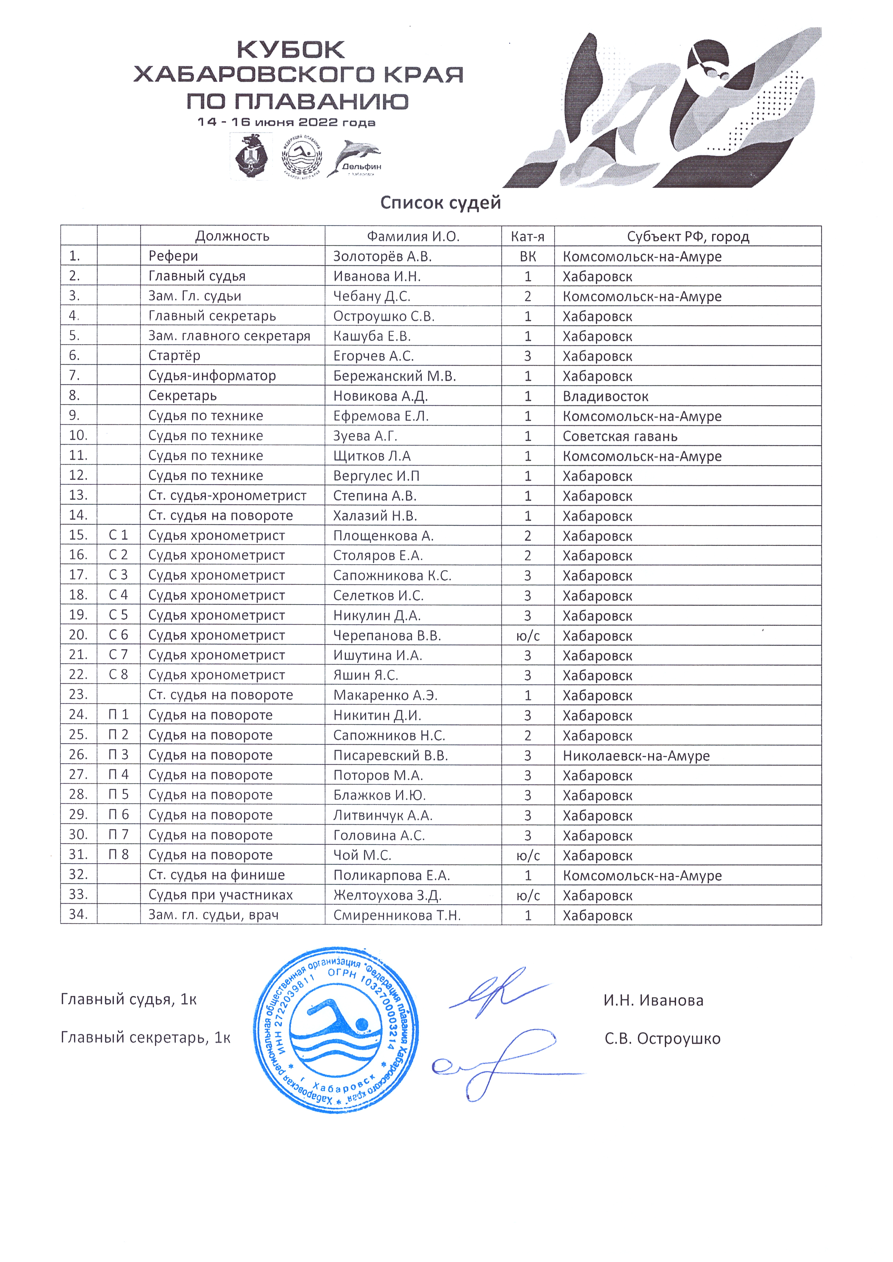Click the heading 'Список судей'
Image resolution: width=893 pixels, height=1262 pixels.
[x=441, y=203]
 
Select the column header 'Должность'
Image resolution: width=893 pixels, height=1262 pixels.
[x=232, y=236]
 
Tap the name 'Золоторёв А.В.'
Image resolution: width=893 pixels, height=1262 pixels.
[x=382, y=256]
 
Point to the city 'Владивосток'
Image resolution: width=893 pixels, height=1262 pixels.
[x=605, y=396]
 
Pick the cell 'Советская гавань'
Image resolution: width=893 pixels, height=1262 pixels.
[x=620, y=437]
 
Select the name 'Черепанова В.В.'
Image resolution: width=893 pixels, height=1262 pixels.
[x=387, y=636]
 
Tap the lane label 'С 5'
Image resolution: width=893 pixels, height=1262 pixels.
[x=118, y=615]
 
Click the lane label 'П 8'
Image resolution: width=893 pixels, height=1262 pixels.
[x=118, y=855]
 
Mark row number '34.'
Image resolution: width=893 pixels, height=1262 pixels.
[x=78, y=915]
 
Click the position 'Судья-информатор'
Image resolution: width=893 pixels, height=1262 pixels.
[x=212, y=376]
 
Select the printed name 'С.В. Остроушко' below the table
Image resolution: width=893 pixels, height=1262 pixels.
[x=662, y=1039]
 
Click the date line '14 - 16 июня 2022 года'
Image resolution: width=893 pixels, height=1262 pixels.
[x=287, y=122]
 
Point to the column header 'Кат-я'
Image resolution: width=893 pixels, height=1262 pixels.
[x=527, y=236]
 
